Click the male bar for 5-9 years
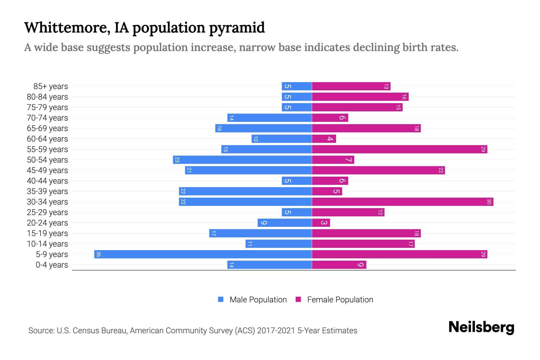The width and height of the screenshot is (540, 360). click(203, 254)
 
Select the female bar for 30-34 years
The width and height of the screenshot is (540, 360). click(403, 202)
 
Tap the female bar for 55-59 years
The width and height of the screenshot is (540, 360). click(400, 149)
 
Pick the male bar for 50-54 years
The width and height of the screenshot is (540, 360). click(242, 160)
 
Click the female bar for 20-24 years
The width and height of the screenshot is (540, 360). click(321, 223)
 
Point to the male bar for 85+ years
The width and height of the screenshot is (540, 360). click(297, 86)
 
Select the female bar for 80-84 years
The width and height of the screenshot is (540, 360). click(360, 97)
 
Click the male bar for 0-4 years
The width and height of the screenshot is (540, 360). click(269, 265)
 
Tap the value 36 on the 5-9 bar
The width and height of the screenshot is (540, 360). click(98, 254)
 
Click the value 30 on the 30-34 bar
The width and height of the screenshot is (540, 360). click(489, 202)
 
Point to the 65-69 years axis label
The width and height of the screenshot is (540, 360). click(47, 128)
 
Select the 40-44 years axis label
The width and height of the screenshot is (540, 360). click(47, 181)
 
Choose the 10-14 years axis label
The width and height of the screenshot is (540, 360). click(47, 244)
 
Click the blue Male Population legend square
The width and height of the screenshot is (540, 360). click(221, 299)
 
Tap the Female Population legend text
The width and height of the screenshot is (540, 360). click(340, 300)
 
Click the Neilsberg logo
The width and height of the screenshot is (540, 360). click(481, 327)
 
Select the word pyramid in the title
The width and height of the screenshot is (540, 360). click(237, 28)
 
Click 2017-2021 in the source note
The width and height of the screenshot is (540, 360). click(276, 331)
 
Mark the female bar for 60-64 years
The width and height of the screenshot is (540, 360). click(324, 139)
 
